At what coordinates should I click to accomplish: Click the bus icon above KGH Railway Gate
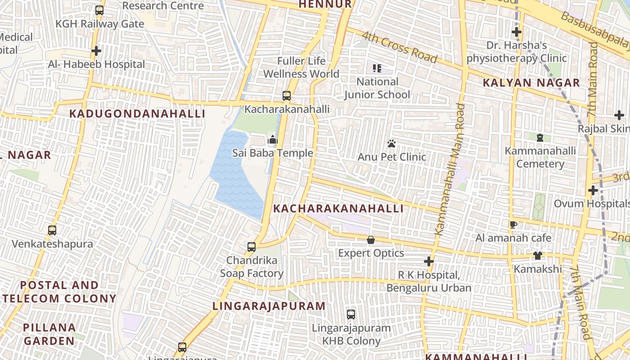tap(99, 10)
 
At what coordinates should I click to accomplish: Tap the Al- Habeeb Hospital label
tap(96, 64)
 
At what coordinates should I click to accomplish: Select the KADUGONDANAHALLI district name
tap(137, 113)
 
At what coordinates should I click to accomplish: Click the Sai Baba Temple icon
tap(272, 140)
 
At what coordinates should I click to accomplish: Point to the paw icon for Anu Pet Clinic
tap(391, 144)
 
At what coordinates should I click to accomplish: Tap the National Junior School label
tap(377, 88)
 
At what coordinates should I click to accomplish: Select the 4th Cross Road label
tap(399, 47)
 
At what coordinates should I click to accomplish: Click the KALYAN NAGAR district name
tap(531, 83)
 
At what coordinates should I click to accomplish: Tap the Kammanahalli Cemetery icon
tap(540, 138)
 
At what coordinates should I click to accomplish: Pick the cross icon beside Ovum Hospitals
tap(593, 190)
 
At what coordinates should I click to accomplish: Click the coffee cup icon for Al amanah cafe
tap(513, 225)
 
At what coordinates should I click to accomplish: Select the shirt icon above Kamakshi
tap(538, 256)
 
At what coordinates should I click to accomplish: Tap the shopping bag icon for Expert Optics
tap(371, 240)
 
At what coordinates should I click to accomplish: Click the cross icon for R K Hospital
tap(429, 261)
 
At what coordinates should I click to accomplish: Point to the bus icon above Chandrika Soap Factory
tap(252, 247)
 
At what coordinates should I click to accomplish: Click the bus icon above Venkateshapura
tap(52, 230)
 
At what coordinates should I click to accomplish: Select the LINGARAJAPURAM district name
tap(269, 306)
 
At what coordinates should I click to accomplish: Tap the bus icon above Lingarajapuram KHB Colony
tap(351, 315)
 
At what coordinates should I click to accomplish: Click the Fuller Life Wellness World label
tap(301, 67)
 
